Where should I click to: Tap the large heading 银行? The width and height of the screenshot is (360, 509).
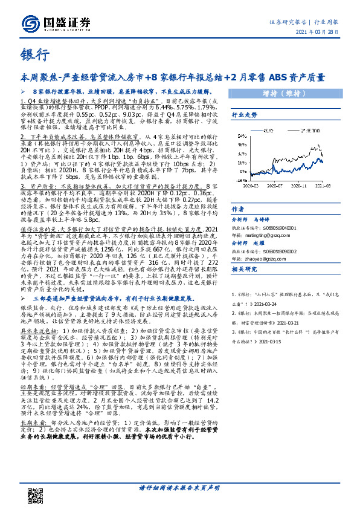click(35, 56)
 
